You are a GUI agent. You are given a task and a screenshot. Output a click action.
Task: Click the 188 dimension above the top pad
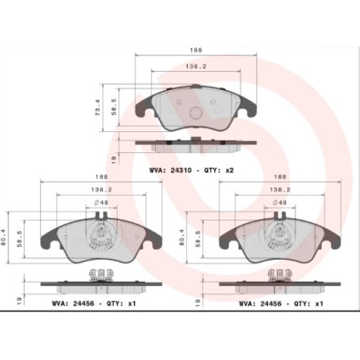(196, 50)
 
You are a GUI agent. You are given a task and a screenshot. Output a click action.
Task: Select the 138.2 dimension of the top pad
(196, 67)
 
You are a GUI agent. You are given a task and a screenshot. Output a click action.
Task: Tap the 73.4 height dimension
(98, 108)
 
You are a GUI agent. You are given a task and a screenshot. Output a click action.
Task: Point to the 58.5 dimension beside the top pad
(114, 108)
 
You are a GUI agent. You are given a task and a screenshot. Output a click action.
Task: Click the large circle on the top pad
(196, 113)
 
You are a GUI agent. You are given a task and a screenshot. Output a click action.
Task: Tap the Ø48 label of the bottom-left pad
(101, 202)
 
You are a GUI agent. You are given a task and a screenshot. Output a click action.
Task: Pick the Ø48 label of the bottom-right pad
(280, 202)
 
